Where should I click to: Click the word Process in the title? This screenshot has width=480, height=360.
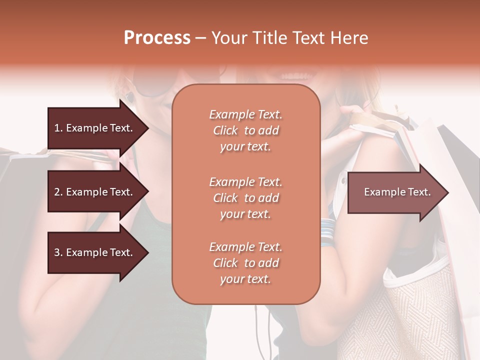point(157,38)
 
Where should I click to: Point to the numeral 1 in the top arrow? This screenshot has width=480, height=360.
point(56,128)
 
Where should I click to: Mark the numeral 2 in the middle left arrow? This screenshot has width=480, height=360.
point(57,192)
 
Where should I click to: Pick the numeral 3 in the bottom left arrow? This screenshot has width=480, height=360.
point(57,252)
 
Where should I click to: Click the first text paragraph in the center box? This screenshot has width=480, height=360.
point(245,130)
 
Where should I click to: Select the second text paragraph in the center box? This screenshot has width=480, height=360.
point(245,198)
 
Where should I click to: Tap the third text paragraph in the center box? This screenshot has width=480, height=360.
point(245,263)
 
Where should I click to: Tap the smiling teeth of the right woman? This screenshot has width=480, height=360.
point(299,76)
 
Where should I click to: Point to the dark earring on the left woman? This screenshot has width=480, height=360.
point(130,96)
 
